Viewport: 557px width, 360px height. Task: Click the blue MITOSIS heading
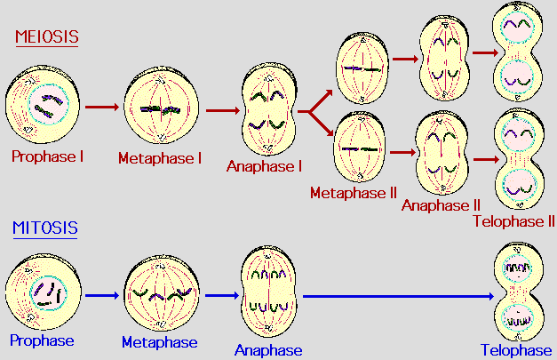44,228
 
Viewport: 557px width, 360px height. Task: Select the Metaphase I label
160,158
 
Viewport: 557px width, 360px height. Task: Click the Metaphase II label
353,192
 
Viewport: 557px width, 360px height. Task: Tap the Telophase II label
513,220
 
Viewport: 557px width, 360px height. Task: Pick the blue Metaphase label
160,342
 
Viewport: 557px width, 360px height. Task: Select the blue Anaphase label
268,350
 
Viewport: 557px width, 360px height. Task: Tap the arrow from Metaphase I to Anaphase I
221,111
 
